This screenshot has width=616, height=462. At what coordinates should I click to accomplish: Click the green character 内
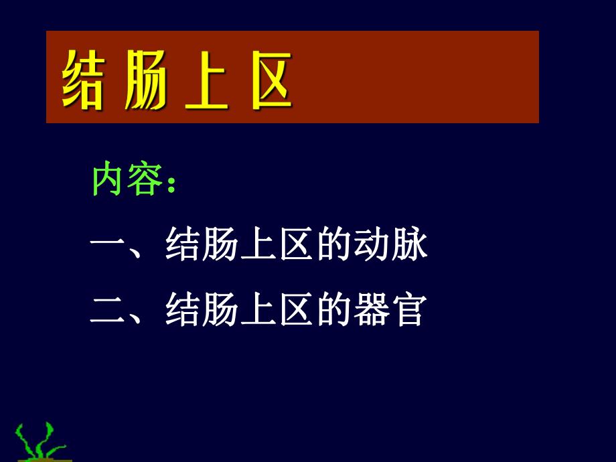click(x=108, y=180)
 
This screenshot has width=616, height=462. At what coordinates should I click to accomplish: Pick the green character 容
click(x=144, y=180)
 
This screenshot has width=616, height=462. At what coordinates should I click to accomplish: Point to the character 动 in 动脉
click(x=372, y=246)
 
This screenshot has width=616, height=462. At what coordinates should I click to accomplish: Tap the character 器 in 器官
click(x=372, y=310)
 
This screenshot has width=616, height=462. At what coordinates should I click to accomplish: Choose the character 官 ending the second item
click(x=408, y=310)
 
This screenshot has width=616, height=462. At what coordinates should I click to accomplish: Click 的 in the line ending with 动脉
click(x=334, y=246)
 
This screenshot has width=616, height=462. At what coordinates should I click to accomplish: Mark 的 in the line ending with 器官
click(x=334, y=310)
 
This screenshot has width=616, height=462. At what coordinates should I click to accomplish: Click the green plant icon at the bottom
click(x=42, y=442)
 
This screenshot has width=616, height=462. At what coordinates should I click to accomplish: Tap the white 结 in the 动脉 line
click(x=183, y=246)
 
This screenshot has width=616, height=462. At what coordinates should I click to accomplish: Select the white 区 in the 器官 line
click(x=297, y=310)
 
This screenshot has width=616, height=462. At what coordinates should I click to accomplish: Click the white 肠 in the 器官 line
click(x=220, y=310)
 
